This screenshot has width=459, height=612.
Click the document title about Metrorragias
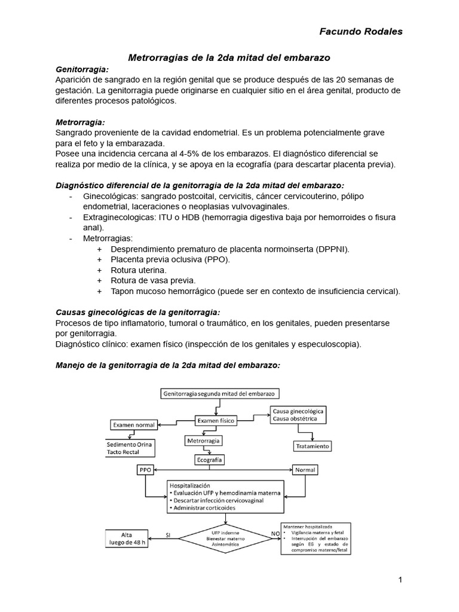229,57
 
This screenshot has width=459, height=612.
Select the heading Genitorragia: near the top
82,69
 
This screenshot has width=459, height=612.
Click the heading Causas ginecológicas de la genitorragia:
137,312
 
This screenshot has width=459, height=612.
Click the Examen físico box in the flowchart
213,421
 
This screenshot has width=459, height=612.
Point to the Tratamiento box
312,446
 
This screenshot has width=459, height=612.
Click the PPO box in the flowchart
146,470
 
